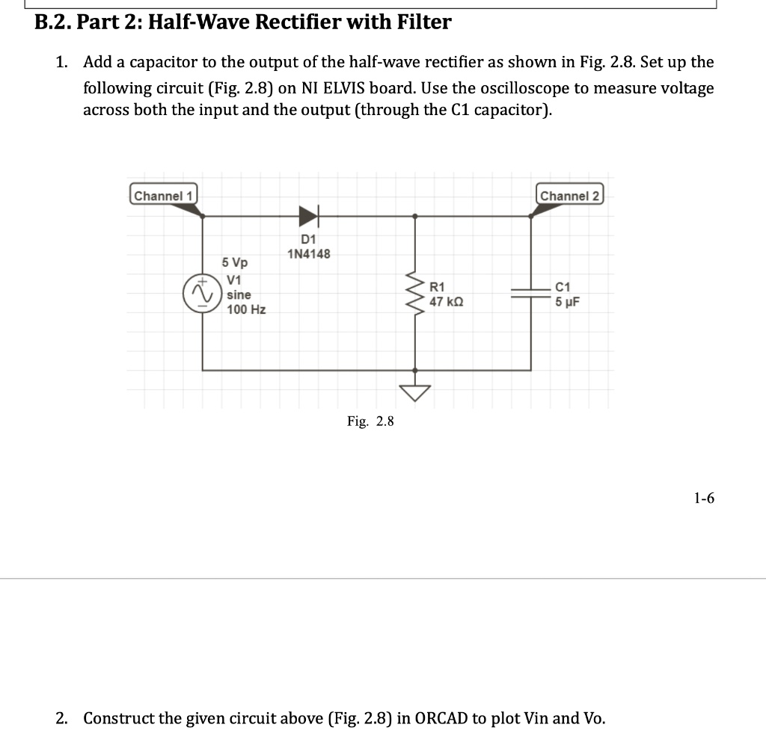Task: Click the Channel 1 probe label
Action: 164,195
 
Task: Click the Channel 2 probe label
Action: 570,196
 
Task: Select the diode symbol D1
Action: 308,217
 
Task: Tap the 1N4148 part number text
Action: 308,254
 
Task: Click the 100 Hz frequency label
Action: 246,309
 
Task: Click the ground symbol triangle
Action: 416,392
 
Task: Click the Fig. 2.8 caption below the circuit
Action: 370,421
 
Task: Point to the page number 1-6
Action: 704,498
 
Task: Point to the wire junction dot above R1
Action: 416,216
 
